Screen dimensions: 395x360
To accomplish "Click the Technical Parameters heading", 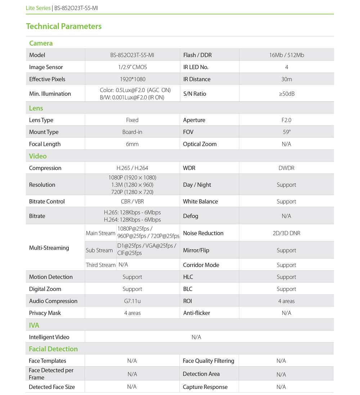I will pyautogui.click(x=64, y=26).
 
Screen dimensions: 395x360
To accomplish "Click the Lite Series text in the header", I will pyautogui.click(x=38, y=8).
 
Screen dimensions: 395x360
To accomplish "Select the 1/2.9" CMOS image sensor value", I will pyautogui.click(x=132, y=67).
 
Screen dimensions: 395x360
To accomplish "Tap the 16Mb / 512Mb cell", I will pyautogui.click(x=286, y=55).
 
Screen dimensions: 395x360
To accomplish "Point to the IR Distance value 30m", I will pyautogui.click(x=286, y=79).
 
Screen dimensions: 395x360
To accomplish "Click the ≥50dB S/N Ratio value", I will pyautogui.click(x=286, y=94).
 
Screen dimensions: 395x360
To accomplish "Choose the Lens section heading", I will pyautogui.click(x=36, y=108).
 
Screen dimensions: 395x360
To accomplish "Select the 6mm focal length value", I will pyautogui.click(x=132, y=144).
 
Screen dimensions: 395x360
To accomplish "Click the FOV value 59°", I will pyautogui.click(x=286, y=132).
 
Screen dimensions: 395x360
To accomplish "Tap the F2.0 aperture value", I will pyautogui.click(x=286, y=120).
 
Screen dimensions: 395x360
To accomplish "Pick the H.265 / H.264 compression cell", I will pyautogui.click(x=132, y=168).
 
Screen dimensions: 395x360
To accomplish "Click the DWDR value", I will pyautogui.click(x=286, y=168).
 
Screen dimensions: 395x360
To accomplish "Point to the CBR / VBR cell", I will pyautogui.click(x=132, y=201).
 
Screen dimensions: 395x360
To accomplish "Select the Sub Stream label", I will pyautogui.click(x=99, y=250).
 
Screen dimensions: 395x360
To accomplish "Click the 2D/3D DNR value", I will pyautogui.click(x=286, y=233).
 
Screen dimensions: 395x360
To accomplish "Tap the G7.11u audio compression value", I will pyautogui.click(x=132, y=301).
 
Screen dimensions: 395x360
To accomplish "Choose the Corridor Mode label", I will pyautogui.click(x=201, y=265).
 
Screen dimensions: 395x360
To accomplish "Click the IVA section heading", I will pyautogui.click(x=34, y=325).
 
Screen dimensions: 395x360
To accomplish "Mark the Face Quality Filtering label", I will pyautogui.click(x=208, y=361).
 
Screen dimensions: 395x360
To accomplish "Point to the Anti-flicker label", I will pyautogui.click(x=196, y=313).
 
